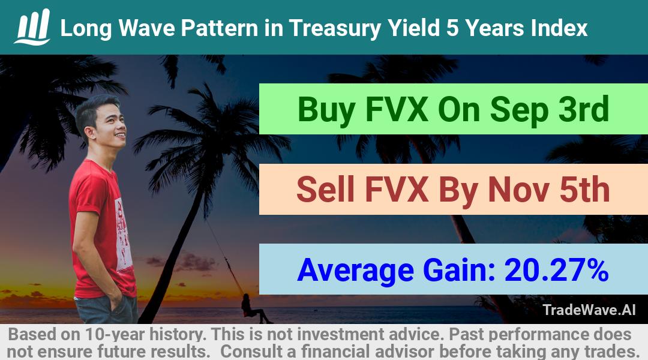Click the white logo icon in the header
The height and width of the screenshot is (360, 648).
(x=32, y=27)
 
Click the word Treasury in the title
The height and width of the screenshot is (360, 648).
(x=335, y=29)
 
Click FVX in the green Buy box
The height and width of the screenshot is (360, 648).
(x=397, y=109)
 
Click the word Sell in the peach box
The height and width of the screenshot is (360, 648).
(x=326, y=189)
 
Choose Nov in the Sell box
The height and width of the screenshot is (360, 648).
(x=518, y=190)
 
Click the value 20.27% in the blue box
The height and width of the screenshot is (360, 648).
(x=556, y=270)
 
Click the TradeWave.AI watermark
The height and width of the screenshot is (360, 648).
(x=589, y=310)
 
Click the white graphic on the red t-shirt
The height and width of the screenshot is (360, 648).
(x=123, y=236)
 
